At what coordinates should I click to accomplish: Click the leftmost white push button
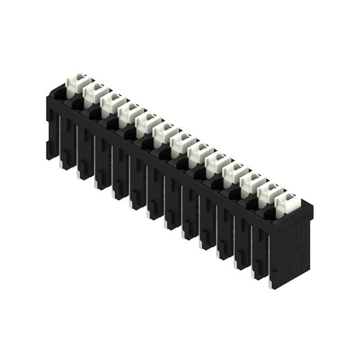point(75,85)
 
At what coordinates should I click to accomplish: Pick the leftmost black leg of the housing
point(52,135)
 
